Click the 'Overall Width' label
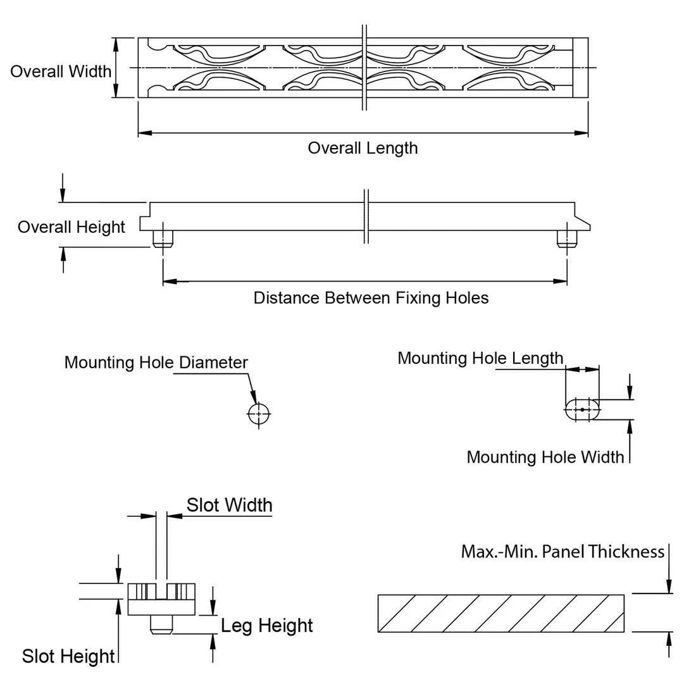point(61,71)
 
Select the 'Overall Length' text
point(363,148)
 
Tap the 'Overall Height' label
point(71,227)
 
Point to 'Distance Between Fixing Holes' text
point(371,297)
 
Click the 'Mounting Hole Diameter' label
point(156,363)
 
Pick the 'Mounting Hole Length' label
point(480,358)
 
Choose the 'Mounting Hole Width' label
point(545,457)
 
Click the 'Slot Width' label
point(229,505)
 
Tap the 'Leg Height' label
point(267,625)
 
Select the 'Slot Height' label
point(68,656)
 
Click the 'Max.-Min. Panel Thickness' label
point(562,552)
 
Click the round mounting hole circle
point(258,414)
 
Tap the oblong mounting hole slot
point(582,409)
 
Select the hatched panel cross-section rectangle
point(500,613)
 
